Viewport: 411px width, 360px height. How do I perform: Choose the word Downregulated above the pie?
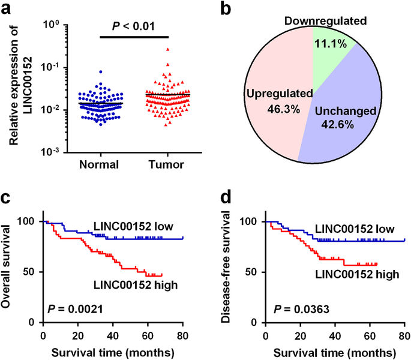[334, 21]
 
